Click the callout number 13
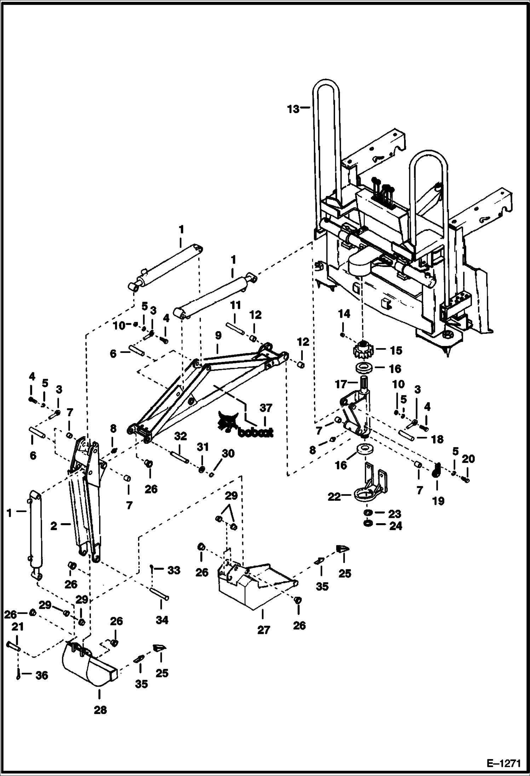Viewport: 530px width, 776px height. [x=293, y=109]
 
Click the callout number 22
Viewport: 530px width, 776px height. [x=334, y=497]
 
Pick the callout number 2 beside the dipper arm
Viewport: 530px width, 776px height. [x=53, y=526]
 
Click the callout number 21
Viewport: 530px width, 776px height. [x=18, y=627]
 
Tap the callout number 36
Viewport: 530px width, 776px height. [x=42, y=676]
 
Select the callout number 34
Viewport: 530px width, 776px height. [x=162, y=620]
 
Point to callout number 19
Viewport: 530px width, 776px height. [x=438, y=501]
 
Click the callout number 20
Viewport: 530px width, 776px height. [x=468, y=459]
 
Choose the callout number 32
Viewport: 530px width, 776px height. [x=180, y=436]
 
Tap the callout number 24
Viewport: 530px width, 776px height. [x=395, y=526]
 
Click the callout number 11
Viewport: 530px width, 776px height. [x=235, y=305]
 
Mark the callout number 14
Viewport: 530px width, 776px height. [x=344, y=314]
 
